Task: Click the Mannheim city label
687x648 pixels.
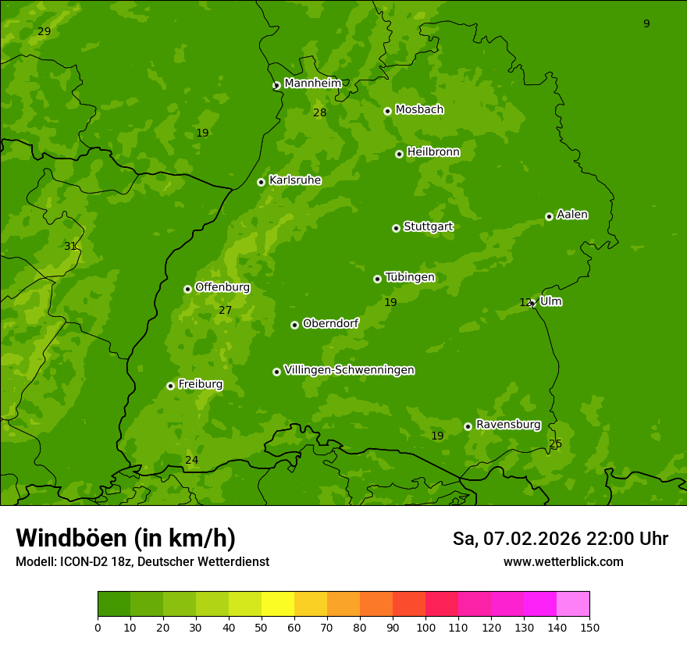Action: (x=312, y=84)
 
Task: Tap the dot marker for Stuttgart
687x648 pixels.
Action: (x=396, y=228)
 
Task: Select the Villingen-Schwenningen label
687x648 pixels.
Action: (x=349, y=370)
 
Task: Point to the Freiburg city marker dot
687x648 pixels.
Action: (x=170, y=386)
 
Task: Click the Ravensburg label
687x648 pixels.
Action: (x=507, y=425)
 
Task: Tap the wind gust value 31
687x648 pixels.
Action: (x=70, y=246)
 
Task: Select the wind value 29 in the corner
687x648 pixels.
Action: (x=44, y=31)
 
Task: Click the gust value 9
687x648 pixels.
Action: (x=646, y=23)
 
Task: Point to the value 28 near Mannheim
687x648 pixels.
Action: (x=319, y=112)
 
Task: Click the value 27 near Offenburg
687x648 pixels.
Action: (x=225, y=310)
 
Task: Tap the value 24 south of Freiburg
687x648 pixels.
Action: (x=191, y=460)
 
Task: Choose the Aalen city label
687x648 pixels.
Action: (x=572, y=215)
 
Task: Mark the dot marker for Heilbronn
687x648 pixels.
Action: (x=399, y=154)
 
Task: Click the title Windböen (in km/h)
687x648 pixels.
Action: (x=126, y=538)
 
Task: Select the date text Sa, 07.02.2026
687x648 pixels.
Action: (x=516, y=539)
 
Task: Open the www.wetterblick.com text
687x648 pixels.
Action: (x=563, y=562)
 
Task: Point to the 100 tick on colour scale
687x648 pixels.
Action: (x=425, y=628)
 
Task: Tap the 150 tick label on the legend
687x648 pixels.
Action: (x=589, y=628)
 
